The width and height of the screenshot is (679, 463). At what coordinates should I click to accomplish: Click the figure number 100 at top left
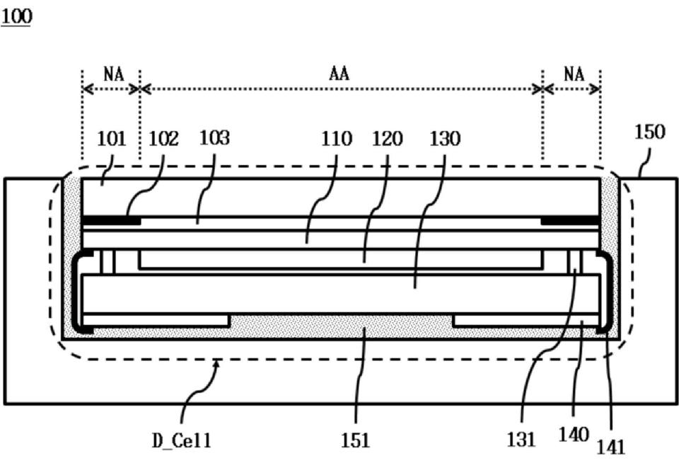coord(16,16)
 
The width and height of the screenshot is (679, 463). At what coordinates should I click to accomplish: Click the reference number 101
coord(111,138)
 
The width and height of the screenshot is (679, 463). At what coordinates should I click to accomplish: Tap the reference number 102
coord(164,138)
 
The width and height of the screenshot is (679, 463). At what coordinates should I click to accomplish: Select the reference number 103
coord(215,137)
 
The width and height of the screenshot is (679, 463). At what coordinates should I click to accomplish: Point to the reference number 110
coord(335,139)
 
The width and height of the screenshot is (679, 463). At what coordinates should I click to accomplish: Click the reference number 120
coord(388,139)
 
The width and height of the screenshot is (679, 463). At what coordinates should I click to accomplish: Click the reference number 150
coord(650,132)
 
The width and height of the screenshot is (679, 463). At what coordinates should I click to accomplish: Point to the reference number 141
coord(612,446)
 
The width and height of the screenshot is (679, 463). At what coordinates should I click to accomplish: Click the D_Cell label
coord(182,440)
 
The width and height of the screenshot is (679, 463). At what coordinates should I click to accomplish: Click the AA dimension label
coord(339,73)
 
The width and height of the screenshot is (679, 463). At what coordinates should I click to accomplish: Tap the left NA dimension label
coord(112,73)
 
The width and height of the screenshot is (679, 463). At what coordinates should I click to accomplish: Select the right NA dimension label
coord(574,73)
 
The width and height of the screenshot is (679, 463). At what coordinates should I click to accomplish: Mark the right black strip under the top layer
coord(570,221)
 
